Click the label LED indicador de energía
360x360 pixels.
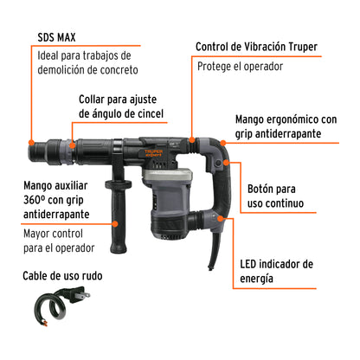click(277, 270)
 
